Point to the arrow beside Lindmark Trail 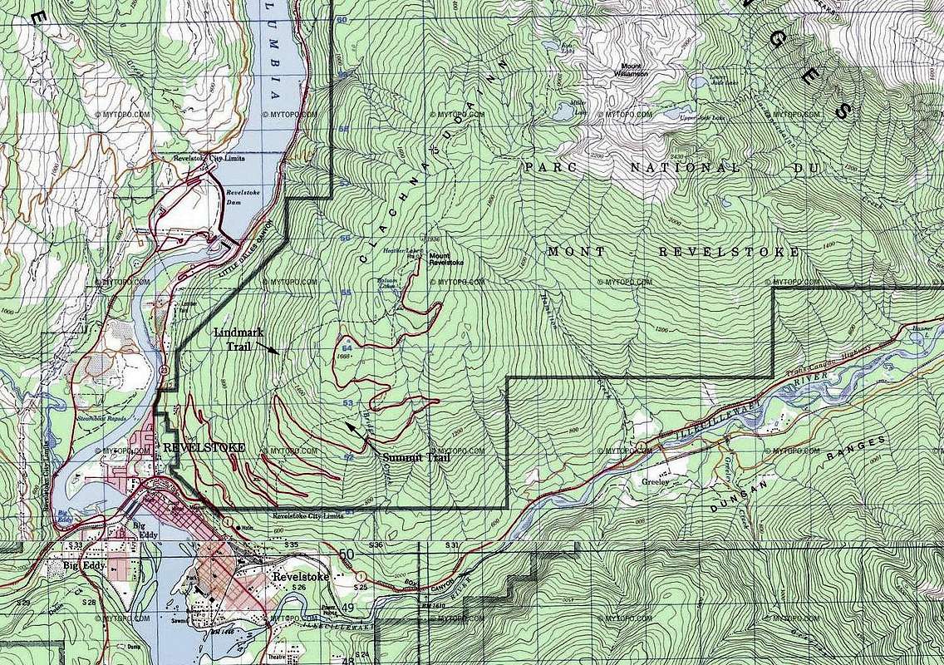[x=273, y=351]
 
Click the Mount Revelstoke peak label [x=445, y=259]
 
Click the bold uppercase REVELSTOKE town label [x=204, y=447]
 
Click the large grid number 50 [x=347, y=554]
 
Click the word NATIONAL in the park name [x=673, y=167]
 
